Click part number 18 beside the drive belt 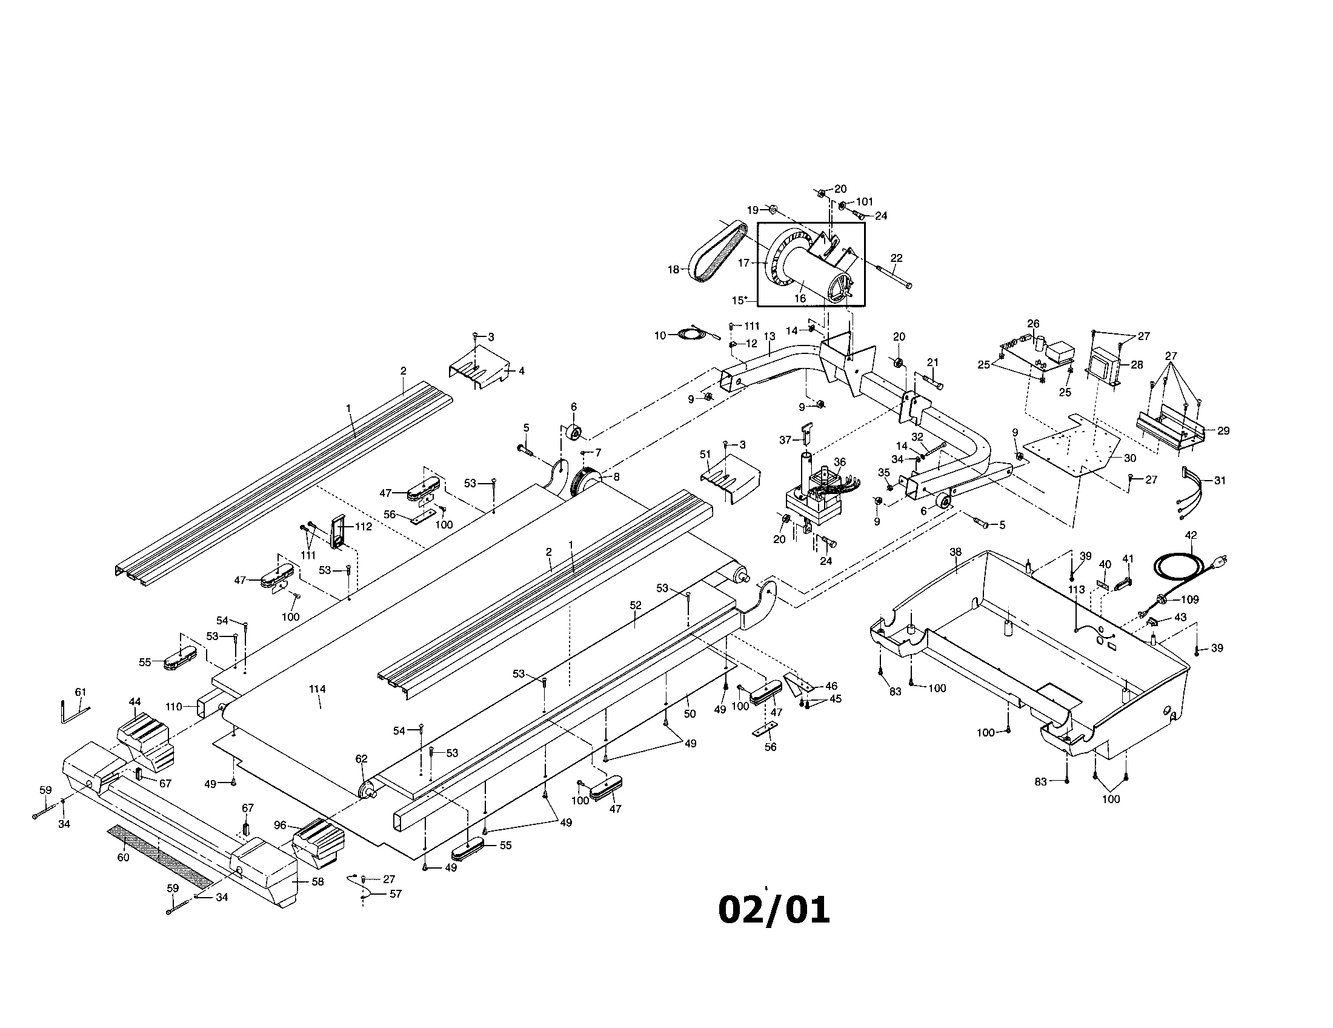[x=673, y=270]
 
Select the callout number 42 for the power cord [x=1191, y=535]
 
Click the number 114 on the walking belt [x=317, y=689]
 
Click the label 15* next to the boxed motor [x=740, y=301]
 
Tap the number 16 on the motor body [x=800, y=298]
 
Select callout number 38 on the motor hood [x=955, y=552]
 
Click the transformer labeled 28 [x=1102, y=365]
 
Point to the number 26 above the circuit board [x=1032, y=324]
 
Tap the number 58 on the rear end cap [x=317, y=881]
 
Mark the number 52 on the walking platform [x=636, y=606]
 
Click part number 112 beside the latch [x=363, y=527]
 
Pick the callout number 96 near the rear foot [x=280, y=825]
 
